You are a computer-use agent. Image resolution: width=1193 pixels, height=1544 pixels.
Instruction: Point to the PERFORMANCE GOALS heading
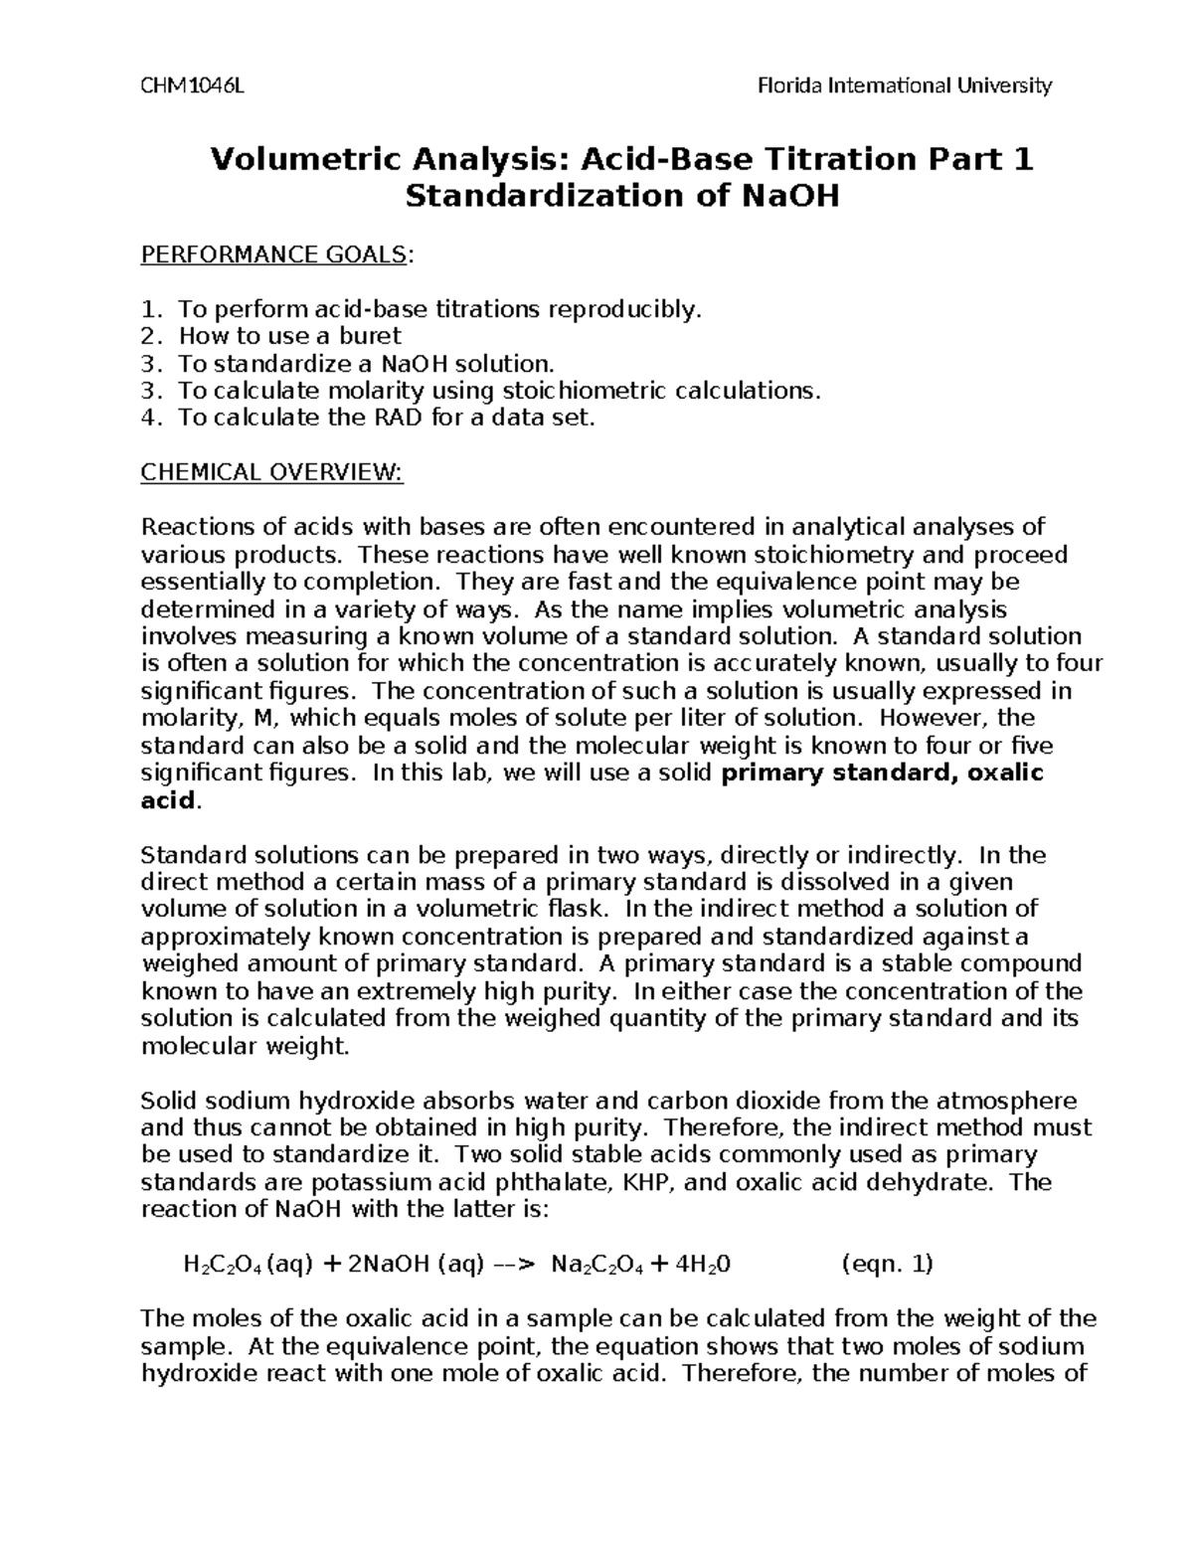click(274, 256)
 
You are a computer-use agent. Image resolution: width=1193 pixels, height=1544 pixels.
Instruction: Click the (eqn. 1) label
click(887, 1265)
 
